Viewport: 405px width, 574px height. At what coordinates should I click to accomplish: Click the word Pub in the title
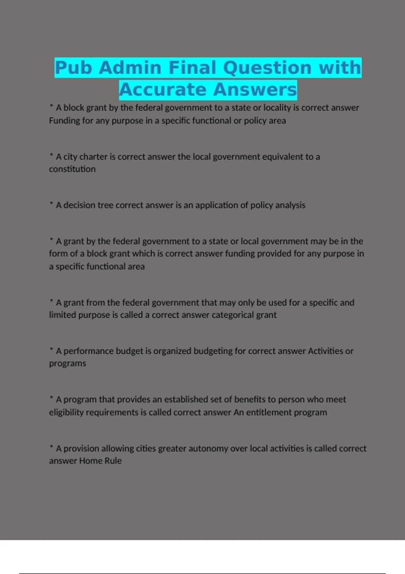pos(73,68)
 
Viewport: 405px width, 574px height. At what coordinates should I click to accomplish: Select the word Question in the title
pos(267,68)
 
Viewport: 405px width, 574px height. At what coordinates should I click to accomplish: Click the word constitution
pos(72,169)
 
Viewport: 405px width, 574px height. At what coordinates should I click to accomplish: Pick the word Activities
pos(325,351)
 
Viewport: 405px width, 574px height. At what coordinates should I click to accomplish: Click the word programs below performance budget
pos(67,364)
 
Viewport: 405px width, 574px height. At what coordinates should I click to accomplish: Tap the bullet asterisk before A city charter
pos(51,155)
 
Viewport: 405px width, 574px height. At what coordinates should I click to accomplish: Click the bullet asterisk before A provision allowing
pos(51,447)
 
